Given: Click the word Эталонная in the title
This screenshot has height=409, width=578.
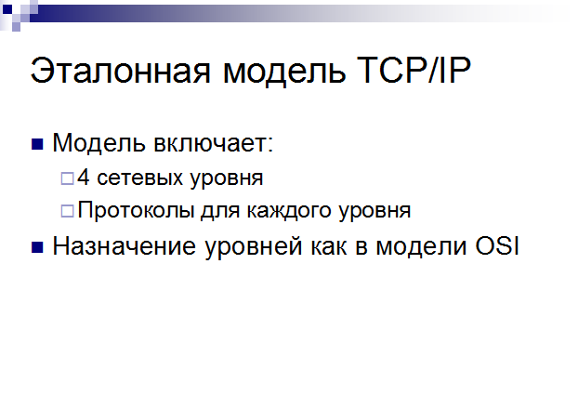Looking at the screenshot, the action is click(120, 71).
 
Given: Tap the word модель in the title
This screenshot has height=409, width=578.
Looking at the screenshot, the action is click(284, 72).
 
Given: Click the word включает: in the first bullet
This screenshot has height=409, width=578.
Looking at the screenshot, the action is click(213, 142).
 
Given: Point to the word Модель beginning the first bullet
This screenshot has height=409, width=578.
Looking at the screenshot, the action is click(99, 143).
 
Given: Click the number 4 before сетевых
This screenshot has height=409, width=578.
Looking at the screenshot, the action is click(84, 177).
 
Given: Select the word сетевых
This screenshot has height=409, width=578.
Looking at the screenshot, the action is click(139, 178).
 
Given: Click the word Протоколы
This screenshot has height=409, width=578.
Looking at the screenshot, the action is click(136, 210).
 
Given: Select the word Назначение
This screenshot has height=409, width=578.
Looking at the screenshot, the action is click(124, 246).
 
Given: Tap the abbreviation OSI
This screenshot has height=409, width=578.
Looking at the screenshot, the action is click(497, 246).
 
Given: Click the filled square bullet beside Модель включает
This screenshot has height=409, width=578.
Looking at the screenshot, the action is click(37, 145).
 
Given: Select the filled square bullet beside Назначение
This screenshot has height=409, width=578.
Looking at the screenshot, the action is click(37, 247).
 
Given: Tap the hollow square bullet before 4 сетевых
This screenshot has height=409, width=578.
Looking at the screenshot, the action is click(67, 178).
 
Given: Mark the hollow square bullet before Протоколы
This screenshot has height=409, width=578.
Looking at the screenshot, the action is click(67, 211).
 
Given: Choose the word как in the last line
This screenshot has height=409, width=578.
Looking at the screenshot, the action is click(329, 247).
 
